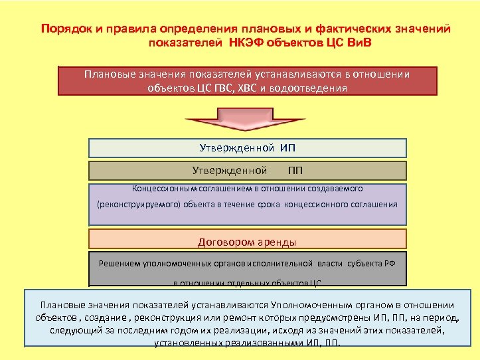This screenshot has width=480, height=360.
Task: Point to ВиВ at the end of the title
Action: point(366,43)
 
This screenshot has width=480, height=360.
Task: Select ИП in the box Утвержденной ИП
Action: point(287,147)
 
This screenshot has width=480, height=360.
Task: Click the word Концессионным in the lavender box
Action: point(163,189)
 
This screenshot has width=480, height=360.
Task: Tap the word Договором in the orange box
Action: point(222,241)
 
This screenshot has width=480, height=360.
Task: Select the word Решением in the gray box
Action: point(119,263)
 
